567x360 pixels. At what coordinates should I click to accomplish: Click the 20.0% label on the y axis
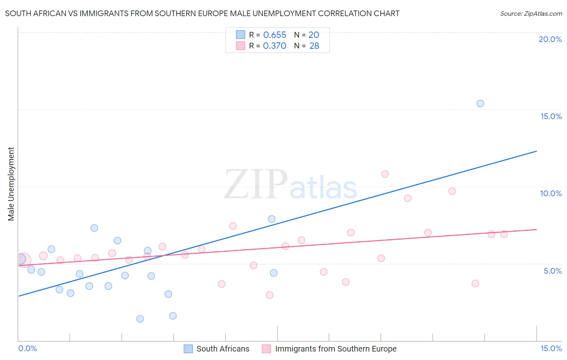550,39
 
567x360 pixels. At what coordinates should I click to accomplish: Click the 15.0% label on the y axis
551,116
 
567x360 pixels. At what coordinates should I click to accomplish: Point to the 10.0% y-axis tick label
551,193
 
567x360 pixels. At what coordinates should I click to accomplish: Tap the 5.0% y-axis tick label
552,271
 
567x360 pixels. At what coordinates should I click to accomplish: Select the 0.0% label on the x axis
27,348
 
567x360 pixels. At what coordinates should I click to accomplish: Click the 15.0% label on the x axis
551,348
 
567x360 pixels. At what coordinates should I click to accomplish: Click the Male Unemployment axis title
11,184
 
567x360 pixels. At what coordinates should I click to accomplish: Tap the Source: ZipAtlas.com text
531,13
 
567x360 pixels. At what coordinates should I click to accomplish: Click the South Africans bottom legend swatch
188,349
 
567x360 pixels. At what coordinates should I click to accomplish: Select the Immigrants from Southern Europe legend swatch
266,349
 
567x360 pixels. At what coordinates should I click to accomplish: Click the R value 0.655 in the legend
274,35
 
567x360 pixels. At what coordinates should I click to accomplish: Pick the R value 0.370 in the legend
274,46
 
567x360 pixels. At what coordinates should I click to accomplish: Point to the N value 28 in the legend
314,46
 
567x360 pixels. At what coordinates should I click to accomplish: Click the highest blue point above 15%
480,103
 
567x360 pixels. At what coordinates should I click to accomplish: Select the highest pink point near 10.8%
385,174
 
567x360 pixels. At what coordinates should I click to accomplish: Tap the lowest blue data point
140,319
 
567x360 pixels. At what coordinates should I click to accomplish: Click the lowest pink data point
270,295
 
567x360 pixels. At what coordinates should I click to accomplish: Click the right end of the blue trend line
536,151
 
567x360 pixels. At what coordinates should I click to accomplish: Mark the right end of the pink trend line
536,229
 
